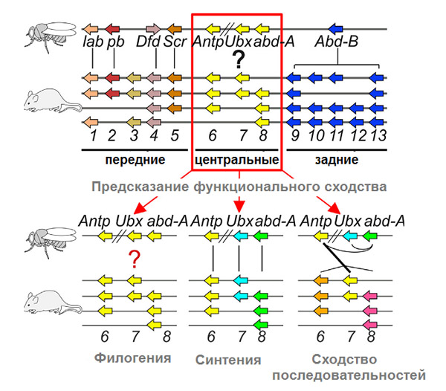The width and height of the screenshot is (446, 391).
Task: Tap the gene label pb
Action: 116,43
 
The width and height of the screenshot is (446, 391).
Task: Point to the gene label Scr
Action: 175,43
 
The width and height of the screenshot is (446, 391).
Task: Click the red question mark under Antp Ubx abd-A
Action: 135,259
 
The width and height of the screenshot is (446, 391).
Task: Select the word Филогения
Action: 132,358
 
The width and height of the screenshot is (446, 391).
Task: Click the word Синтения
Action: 233,360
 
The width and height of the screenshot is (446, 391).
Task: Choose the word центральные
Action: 236,160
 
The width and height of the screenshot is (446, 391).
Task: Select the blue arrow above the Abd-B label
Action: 335,28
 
